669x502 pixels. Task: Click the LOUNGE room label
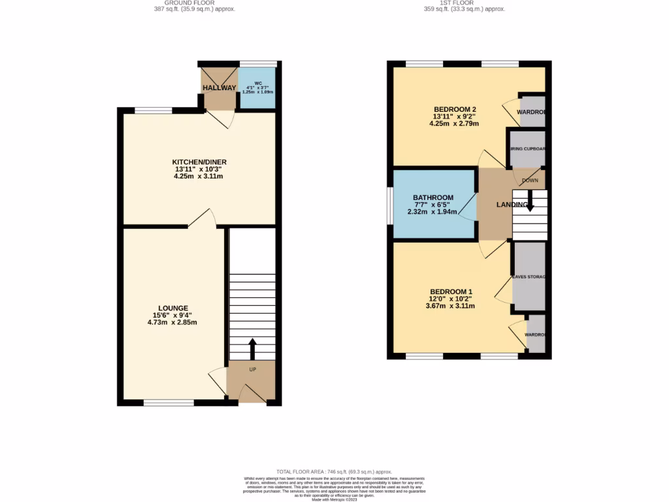[x=173, y=308]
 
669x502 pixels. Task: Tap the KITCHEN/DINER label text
[x=199, y=162]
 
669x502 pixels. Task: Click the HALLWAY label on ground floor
[x=219, y=88]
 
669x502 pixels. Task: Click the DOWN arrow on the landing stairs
[x=529, y=199]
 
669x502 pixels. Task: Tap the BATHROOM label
[x=432, y=198]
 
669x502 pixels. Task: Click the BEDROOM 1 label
[x=451, y=292]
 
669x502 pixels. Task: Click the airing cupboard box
[x=528, y=148]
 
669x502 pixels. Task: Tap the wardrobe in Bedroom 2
[x=532, y=112]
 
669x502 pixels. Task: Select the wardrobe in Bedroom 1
[x=536, y=335]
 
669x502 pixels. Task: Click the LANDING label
[x=512, y=205]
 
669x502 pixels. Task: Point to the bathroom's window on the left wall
[x=390, y=205]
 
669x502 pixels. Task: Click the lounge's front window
[x=169, y=403]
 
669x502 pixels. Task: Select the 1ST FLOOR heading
[x=465, y=3]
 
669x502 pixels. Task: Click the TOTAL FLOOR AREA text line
[x=334, y=471]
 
